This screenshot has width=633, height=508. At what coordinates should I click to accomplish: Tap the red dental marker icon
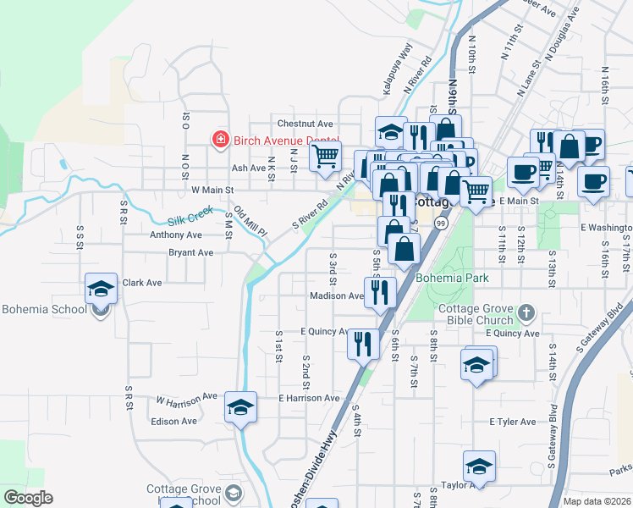[221, 138]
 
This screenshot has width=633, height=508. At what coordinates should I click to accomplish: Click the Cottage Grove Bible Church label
[476, 315]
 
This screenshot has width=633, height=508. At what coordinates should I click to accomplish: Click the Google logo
[28, 498]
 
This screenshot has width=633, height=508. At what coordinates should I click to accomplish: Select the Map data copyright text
[597, 501]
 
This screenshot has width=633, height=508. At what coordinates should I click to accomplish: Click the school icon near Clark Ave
[102, 290]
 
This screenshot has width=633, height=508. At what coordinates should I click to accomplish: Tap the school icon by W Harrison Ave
[240, 408]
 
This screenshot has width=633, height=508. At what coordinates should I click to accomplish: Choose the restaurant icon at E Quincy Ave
[363, 344]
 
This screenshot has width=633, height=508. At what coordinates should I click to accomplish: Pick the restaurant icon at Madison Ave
[380, 293]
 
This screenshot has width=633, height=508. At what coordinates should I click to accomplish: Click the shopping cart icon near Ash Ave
[325, 157]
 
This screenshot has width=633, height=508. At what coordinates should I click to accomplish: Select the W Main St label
[212, 190]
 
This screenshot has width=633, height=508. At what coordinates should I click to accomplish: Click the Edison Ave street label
[173, 421]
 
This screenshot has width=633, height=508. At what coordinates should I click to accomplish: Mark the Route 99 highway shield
[441, 222]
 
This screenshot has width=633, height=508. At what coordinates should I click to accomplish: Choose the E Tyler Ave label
[512, 422]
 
